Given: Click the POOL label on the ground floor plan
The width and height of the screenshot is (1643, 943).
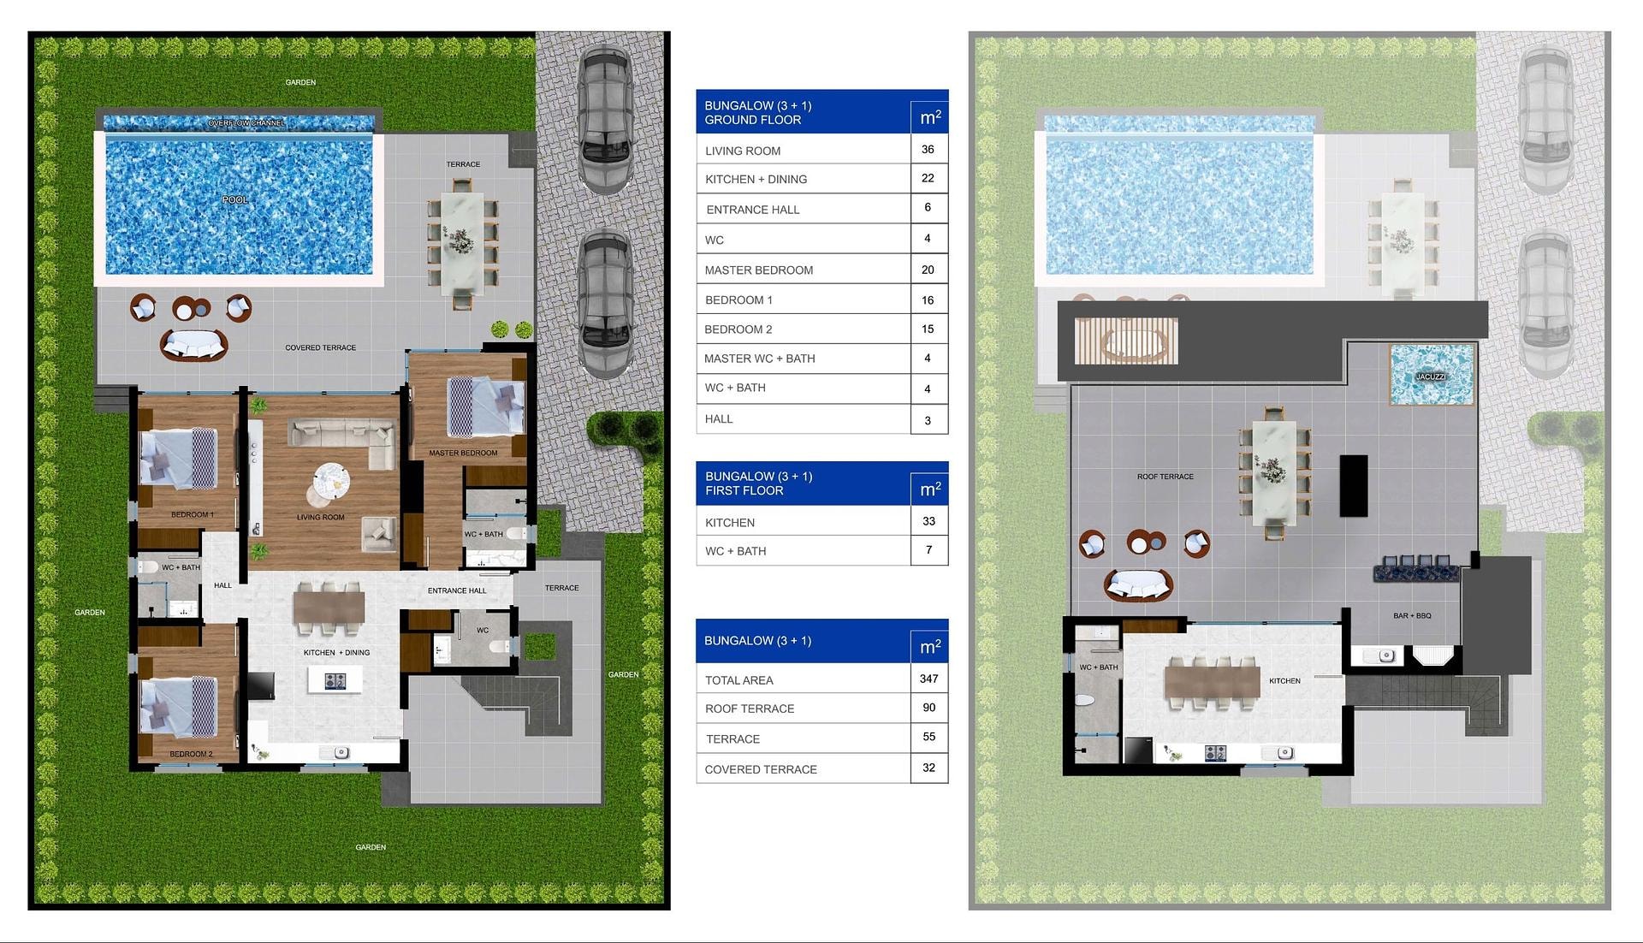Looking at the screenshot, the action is coord(235,199).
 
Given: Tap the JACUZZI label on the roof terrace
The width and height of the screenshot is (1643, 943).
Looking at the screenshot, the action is coord(1430,377).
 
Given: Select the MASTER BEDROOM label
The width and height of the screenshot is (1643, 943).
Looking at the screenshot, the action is coord(463,453).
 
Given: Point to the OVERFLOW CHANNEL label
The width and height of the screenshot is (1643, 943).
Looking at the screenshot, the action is coord(246,123).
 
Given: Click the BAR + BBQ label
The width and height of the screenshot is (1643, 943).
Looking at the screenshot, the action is coord(1412,615).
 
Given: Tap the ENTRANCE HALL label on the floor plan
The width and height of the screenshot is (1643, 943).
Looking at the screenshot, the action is coord(457,590).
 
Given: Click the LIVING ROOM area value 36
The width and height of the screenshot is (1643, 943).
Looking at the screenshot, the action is coord(928,149).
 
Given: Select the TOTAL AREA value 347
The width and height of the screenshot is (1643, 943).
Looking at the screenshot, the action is coord(929,679).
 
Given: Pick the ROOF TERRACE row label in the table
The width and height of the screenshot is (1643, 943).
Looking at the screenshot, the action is coord(750,709).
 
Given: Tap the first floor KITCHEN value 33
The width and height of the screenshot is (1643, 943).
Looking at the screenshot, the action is coord(929,521).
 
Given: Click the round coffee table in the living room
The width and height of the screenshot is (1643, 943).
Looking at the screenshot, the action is coord(331,479).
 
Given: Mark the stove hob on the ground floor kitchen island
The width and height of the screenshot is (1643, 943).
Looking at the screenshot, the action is coord(335,681).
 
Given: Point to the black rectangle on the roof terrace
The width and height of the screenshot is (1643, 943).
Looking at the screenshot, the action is coord(1354,485).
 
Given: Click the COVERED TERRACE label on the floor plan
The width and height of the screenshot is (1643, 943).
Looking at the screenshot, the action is coord(321,347).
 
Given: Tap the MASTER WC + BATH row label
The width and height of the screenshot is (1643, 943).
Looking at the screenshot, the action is coord(760,359).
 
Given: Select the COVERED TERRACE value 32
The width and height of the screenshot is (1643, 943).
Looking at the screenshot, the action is coord(929,768).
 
